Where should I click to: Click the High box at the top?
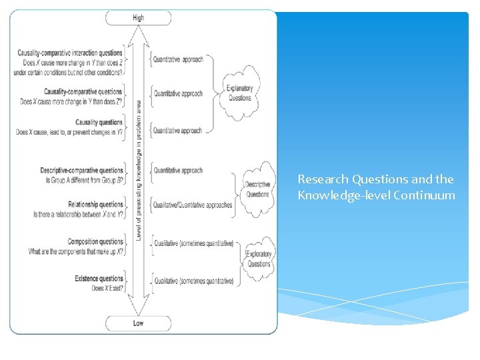(x=138, y=18)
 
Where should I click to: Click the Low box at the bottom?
(x=138, y=323)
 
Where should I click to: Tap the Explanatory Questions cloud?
(x=240, y=93)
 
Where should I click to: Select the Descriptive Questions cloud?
(x=257, y=189)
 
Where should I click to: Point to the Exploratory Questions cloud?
(x=259, y=259)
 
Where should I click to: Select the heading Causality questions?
(x=99, y=123)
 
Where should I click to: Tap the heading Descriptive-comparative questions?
(x=82, y=171)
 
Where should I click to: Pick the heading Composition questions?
(x=95, y=241)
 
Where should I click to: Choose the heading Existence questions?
(x=99, y=279)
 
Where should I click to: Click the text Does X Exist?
(x=107, y=289)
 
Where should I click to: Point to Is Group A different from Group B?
(x=84, y=181)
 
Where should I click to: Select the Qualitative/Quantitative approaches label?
(x=193, y=205)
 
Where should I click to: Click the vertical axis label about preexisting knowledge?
(x=139, y=170)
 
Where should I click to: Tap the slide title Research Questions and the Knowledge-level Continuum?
(x=377, y=187)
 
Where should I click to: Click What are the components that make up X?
(x=76, y=251)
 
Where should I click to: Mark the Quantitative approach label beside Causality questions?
(x=178, y=131)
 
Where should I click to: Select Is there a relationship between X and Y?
(x=79, y=214)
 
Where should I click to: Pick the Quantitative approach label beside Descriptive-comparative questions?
(x=178, y=171)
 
